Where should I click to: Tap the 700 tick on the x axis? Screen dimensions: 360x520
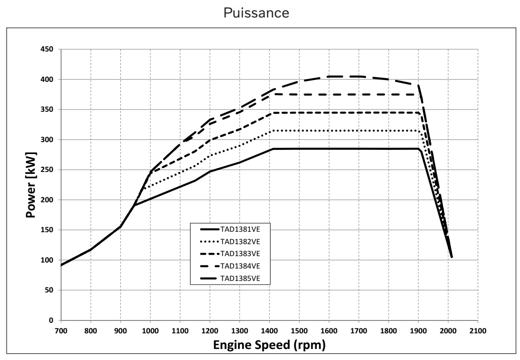(x=61, y=330)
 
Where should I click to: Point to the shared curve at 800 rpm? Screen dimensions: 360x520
(x=91, y=250)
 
